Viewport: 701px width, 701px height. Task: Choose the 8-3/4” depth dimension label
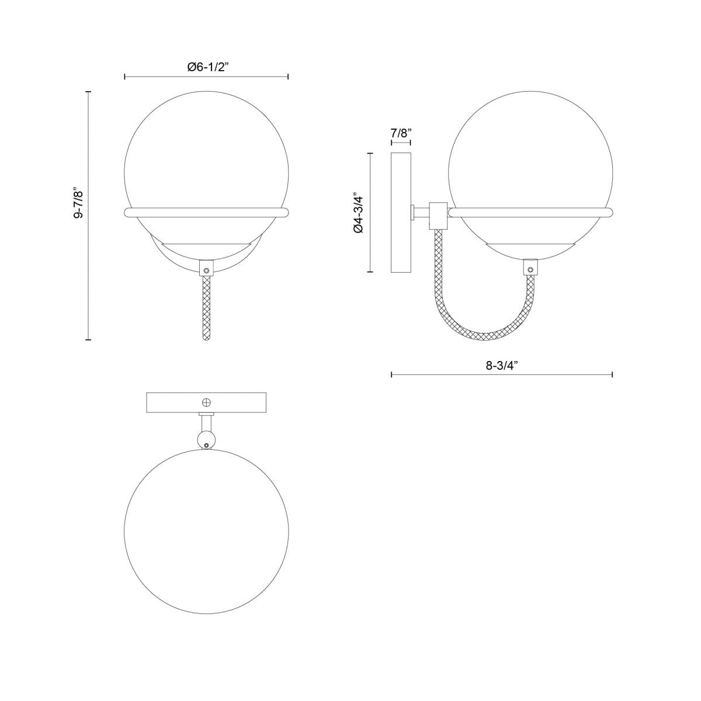[502, 366]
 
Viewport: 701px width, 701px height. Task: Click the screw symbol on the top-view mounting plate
[206, 402]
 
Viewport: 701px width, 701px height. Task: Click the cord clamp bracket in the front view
[206, 269]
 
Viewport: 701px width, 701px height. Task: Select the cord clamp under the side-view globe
[530, 268]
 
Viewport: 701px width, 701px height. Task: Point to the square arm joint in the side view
[438, 214]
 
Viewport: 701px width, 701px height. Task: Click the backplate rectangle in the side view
[401, 213]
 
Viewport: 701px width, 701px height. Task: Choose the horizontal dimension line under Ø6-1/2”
[207, 77]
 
